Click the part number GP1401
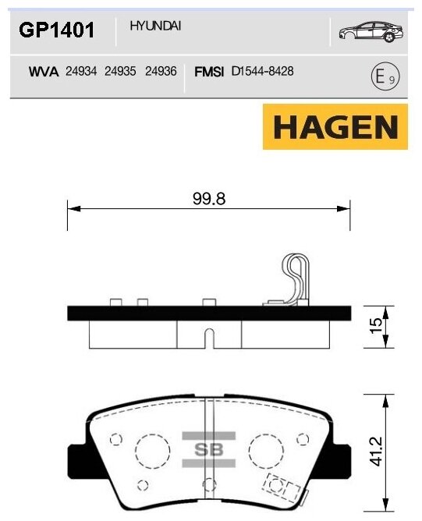pos(56,30)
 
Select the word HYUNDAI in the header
pos(155,26)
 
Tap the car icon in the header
pos(370,30)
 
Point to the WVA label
pos(45,71)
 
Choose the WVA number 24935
pos(120,71)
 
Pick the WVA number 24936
pos(161,71)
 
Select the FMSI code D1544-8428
pos(262,71)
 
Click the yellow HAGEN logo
pos(335,126)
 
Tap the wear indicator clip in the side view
pos(296,279)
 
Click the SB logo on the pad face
pos(208,449)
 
